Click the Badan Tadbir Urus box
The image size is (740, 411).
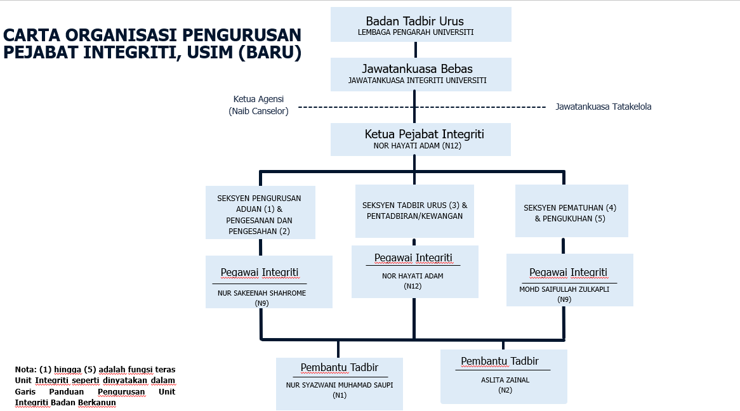pos(421,25)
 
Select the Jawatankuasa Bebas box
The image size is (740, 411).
pos(421,75)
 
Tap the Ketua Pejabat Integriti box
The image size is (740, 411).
pos(421,140)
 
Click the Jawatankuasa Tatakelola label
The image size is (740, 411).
pos(603,107)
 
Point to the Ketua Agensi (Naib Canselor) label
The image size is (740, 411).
pos(259,105)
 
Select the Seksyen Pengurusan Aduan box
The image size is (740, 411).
pos(260,212)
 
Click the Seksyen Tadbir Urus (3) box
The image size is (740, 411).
pos(414,211)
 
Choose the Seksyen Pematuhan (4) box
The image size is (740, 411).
pos(572,211)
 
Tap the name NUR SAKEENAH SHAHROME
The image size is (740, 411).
pos(262,293)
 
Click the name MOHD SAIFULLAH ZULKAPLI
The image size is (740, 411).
pos(564,289)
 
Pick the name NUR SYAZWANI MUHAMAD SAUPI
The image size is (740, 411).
pos(340,385)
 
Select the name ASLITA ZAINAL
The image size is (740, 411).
pos(505,380)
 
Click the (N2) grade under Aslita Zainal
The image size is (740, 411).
pos(505,390)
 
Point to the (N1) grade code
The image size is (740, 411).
pos(340,395)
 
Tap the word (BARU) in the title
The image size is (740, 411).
pos(270,53)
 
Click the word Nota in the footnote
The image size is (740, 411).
pos(25,370)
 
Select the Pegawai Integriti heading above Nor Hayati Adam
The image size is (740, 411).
pos(413,258)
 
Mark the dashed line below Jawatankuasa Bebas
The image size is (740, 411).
pos(422,107)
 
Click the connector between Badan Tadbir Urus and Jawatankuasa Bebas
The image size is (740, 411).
pos(415,50)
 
